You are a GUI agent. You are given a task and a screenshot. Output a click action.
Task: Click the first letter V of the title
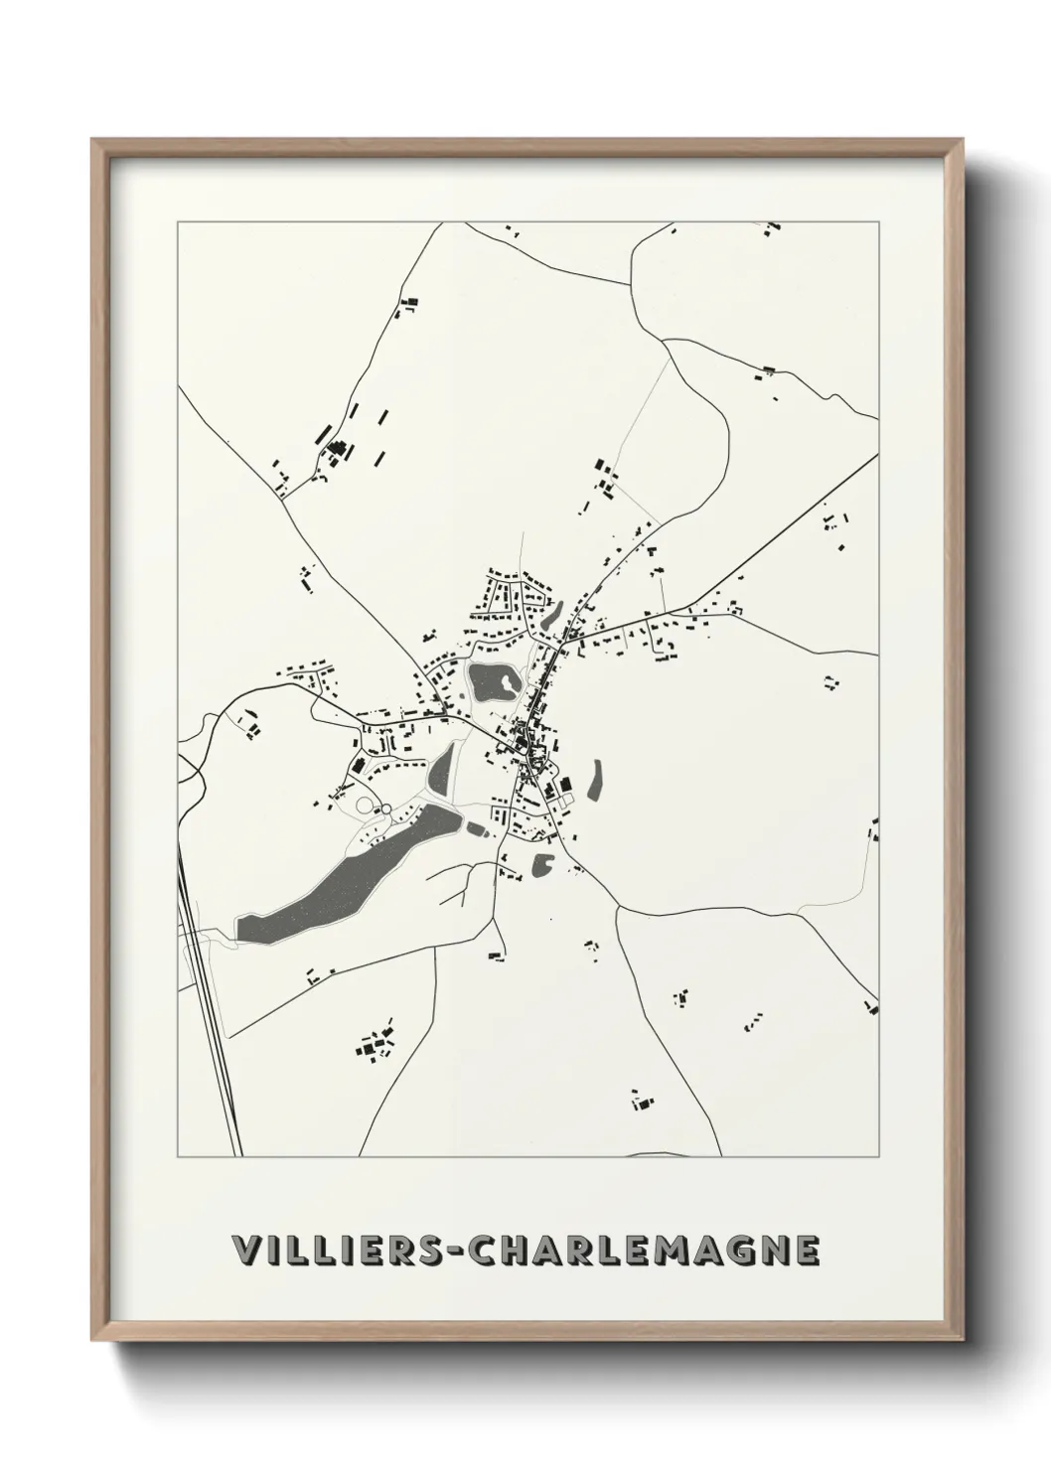click(x=244, y=1251)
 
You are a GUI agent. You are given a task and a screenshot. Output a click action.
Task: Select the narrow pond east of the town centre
click(x=595, y=780)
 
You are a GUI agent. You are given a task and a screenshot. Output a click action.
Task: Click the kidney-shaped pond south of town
click(x=543, y=865)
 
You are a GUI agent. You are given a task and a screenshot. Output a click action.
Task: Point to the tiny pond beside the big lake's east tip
click(x=474, y=827)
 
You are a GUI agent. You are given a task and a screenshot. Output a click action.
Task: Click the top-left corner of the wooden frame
click(x=92, y=140)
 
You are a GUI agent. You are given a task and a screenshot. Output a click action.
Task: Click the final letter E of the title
click(x=808, y=1251)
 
